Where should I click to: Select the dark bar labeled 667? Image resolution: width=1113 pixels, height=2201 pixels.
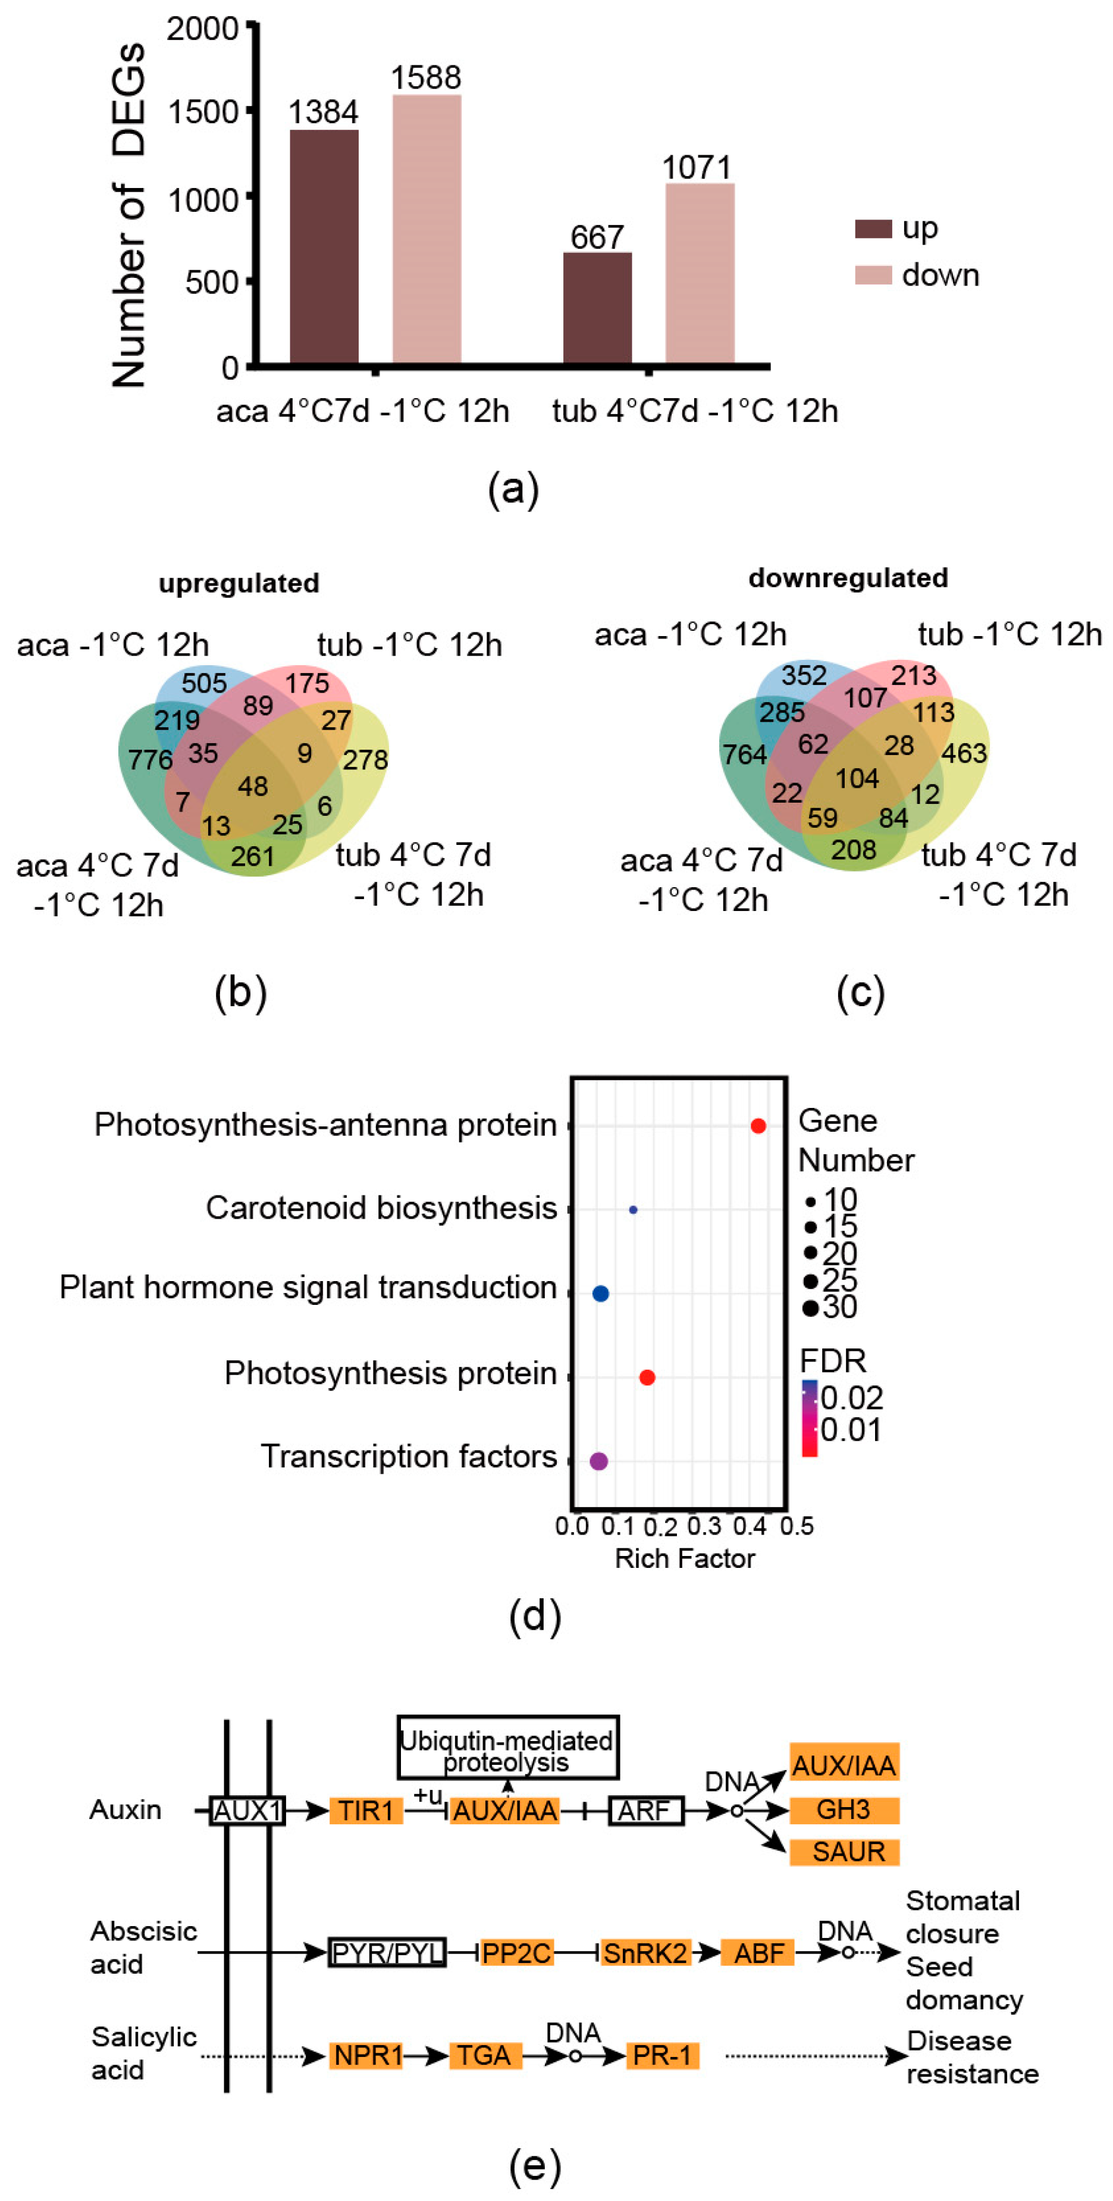(597, 308)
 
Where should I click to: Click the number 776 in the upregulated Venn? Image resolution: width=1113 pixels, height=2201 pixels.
(151, 759)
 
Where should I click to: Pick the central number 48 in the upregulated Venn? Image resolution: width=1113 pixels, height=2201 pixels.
(253, 786)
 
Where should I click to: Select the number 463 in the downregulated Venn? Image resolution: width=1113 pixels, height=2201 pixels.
(964, 753)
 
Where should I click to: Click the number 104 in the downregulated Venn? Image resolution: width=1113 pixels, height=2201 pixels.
(857, 778)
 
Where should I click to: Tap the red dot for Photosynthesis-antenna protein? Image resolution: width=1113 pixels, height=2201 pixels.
(758, 1126)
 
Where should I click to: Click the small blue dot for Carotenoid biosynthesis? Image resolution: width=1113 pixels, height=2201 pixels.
(633, 1210)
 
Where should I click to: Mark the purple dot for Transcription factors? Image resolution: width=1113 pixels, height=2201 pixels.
(599, 1461)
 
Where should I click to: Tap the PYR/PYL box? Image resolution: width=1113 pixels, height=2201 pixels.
(387, 1952)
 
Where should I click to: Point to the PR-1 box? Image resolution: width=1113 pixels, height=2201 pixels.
(663, 2055)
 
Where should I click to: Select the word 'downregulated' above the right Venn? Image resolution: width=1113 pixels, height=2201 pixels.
(848, 578)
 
